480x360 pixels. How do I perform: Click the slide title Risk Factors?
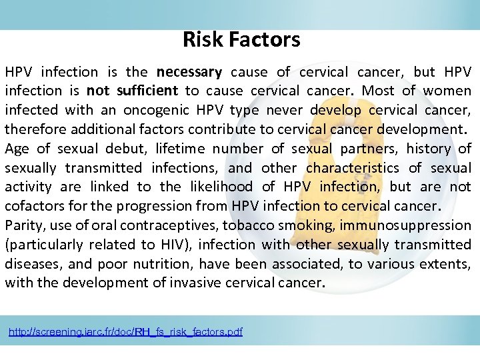tap(241, 40)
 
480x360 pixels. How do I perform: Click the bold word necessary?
tap(189, 72)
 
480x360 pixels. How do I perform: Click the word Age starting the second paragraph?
tap(17, 149)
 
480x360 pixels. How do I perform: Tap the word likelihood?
tap(220, 187)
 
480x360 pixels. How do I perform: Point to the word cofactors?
tap(33, 206)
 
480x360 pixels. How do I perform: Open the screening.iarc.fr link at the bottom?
tap(125, 331)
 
